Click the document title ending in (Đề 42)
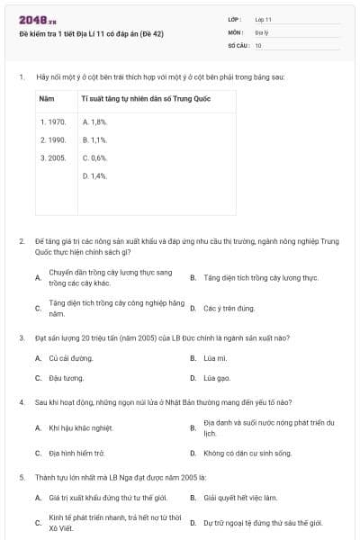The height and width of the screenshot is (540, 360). pos(79,34)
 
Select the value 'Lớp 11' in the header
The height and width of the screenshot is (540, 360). pos(264,19)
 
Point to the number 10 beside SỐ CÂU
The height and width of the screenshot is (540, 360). pos(258,44)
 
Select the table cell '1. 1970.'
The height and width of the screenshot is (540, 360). pos(53,121)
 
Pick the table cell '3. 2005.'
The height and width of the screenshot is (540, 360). pos(53,157)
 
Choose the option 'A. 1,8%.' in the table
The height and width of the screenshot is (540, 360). pos(94,121)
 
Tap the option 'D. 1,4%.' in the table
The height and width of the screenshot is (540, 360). pos(94,175)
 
